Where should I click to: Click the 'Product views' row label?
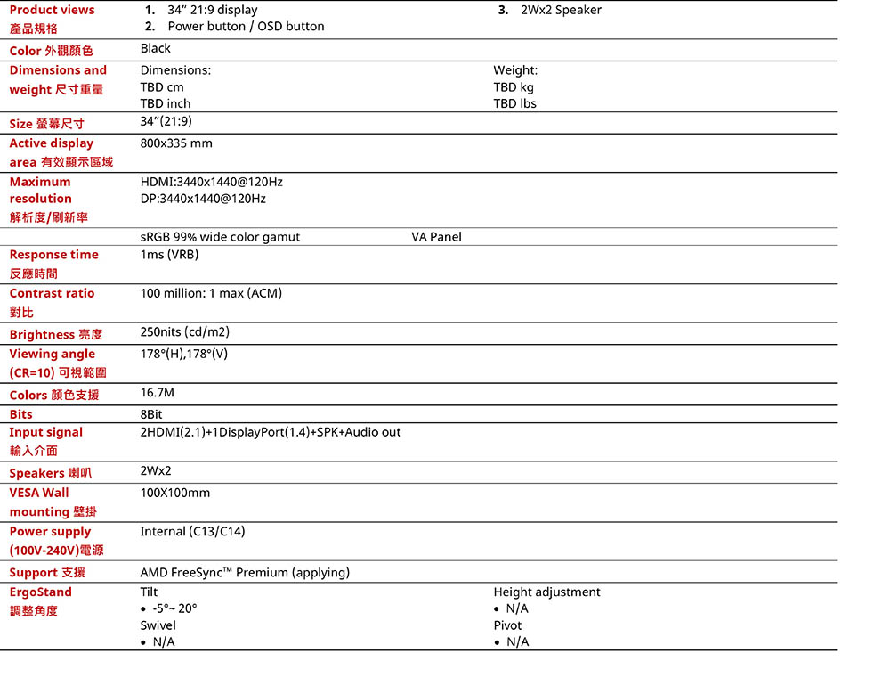tap(52, 10)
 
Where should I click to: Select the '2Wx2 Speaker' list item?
tap(561, 10)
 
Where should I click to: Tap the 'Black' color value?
tap(156, 48)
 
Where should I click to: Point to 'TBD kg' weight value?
tap(514, 87)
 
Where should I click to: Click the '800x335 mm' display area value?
tap(176, 143)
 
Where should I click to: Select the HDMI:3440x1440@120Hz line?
tap(212, 182)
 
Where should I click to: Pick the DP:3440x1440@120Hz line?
tap(203, 199)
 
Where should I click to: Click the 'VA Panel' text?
tap(436, 237)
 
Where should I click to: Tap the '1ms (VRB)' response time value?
tap(169, 255)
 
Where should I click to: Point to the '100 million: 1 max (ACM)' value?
tap(211, 293)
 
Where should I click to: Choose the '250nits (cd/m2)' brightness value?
tap(185, 332)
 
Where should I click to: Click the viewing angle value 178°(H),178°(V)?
tap(184, 354)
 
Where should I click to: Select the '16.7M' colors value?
tap(158, 393)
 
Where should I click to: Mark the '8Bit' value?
tap(151, 414)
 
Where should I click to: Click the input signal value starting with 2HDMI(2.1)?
tap(271, 432)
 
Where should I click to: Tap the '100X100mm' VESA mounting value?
tap(175, 493)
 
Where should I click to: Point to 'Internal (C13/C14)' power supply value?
tap(192, 532)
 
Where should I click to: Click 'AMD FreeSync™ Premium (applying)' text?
tap(245, 573)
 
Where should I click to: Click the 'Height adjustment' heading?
tap(546, 592)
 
